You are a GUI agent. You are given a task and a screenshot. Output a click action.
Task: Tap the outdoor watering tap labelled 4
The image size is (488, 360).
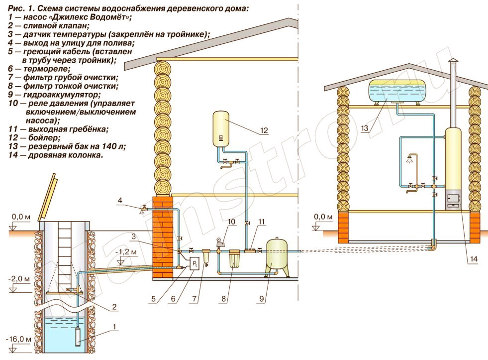coord(143,208)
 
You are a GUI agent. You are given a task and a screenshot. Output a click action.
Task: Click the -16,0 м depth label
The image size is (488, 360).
coord(19,339)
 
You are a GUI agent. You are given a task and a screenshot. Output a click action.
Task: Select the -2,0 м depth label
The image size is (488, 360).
coord(19,279)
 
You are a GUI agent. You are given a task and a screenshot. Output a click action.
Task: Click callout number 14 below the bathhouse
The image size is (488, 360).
coord(474,259)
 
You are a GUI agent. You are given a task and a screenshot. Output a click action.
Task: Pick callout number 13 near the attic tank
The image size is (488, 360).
coord(365,128)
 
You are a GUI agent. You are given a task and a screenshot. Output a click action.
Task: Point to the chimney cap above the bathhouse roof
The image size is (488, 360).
coord(453,62)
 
